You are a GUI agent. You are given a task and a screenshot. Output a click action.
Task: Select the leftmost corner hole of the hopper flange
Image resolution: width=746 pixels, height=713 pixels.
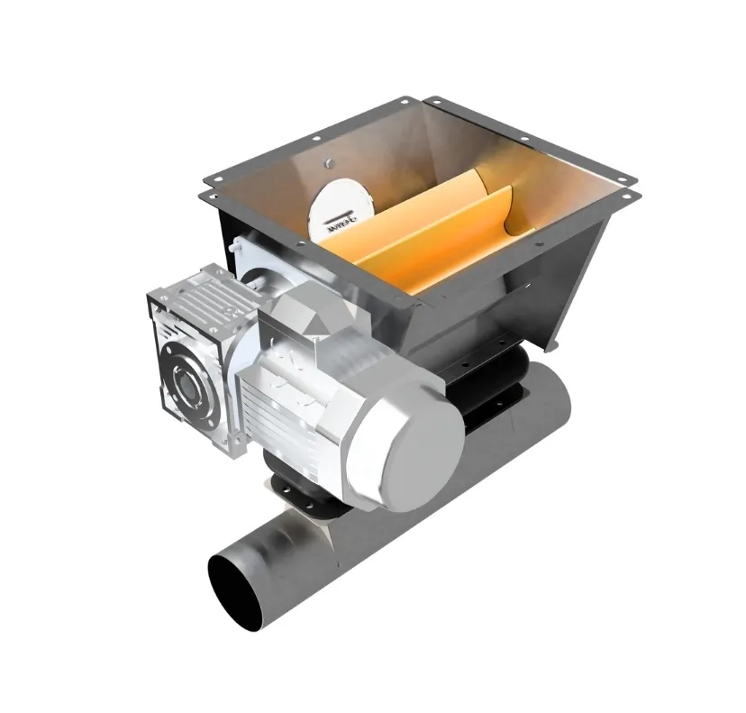pos(206,192)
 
